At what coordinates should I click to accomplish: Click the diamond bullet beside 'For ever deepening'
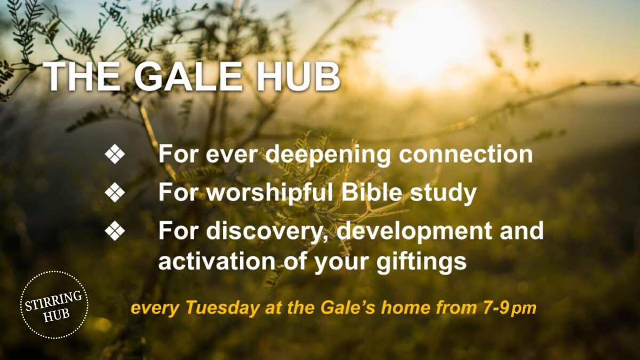tap(115, 155)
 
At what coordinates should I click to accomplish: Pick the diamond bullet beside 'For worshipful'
tap(115, 193)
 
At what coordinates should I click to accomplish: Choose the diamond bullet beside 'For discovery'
tap(115, 231)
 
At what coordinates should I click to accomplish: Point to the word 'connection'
tap(466, 155)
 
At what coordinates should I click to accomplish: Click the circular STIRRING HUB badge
tap(54, 305)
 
